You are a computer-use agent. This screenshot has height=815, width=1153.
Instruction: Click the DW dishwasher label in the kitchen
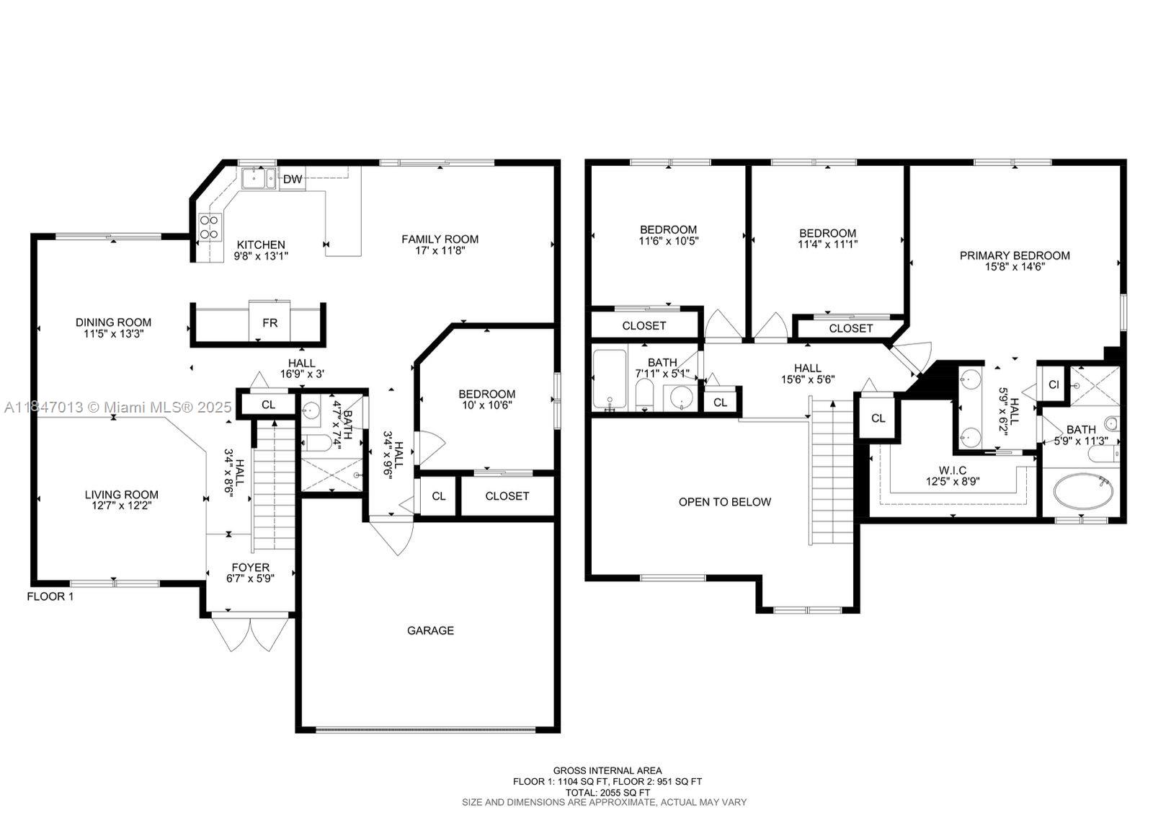point(293,180)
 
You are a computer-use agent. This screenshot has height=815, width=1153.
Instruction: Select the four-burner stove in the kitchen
point(210,227)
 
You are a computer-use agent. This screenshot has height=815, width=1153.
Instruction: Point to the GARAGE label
point(430,630)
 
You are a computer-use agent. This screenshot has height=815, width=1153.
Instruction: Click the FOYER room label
point(250,567)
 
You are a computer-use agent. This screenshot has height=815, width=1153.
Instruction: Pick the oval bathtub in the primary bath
point(1083,491)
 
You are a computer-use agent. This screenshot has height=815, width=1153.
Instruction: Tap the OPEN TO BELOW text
point(725,502)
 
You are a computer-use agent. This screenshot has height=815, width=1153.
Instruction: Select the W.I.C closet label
point(952,470)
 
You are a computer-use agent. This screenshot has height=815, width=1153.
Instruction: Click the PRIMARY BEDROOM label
point(1015,255)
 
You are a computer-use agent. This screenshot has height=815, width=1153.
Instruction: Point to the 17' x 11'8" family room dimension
point(440,250)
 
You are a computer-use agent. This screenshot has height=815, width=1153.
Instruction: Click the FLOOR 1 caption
point(50,596)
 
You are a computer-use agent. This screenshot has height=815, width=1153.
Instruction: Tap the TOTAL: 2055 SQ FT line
point(607,793)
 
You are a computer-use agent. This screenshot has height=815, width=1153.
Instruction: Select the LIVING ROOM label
point(122,495)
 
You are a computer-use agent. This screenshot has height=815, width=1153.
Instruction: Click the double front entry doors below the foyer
point(250,633)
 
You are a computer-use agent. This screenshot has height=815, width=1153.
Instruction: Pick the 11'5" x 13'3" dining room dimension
point(113,333)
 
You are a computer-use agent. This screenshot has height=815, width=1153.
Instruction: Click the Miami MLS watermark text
point(118,407)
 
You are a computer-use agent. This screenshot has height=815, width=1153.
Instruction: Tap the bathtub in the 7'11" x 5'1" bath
point(610,379)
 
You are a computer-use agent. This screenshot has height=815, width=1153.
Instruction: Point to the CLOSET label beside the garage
point(507,495)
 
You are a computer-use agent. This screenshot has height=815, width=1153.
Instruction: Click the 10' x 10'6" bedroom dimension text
point(487,405)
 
